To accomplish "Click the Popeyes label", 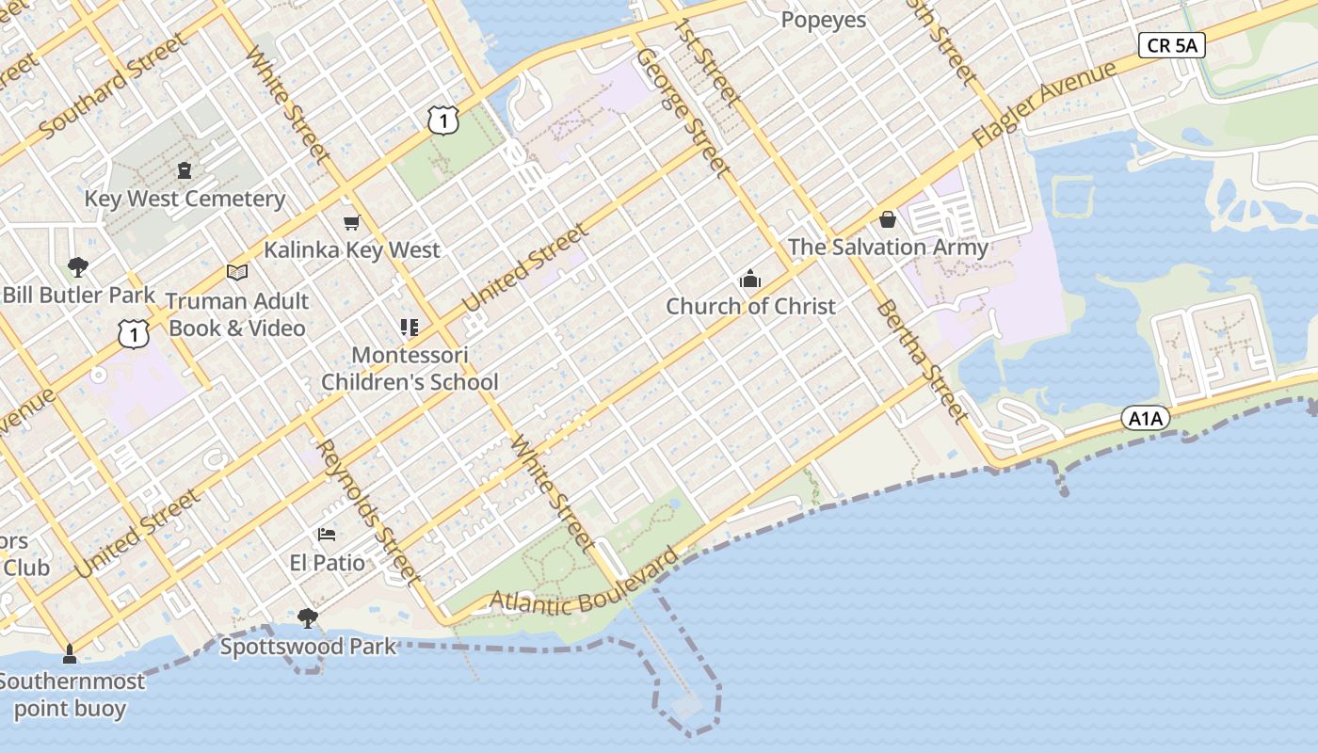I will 824,20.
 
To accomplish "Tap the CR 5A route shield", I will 1171,45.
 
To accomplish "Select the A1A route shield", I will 1145,418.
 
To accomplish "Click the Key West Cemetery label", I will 185,199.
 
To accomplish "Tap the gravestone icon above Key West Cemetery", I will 184,170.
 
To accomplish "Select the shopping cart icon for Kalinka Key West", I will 352,222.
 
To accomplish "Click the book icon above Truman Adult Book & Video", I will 237,273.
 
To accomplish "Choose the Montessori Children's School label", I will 410,368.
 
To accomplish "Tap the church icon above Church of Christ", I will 750,279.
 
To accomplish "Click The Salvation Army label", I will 888,248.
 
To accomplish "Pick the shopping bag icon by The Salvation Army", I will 887,220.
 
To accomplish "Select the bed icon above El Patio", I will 327,535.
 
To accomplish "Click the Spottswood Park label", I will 308,647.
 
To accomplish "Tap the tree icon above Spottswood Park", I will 307,617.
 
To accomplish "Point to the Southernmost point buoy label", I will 72,695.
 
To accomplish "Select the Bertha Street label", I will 921,361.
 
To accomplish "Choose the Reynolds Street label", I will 366,509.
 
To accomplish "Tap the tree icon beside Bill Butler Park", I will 78,267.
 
